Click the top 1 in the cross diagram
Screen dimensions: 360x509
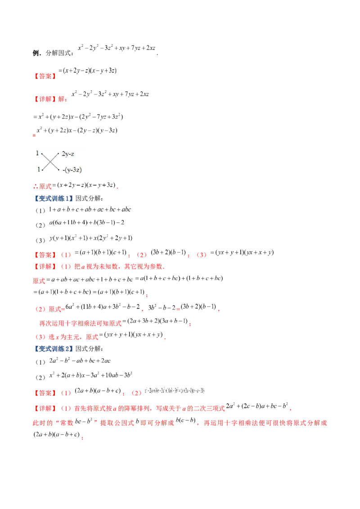point(37,153)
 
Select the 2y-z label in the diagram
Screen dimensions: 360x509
point(68,154)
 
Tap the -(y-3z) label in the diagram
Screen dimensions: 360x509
point(72,170)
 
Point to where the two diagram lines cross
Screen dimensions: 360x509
point(51,161)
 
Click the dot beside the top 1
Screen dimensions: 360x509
point(42,154)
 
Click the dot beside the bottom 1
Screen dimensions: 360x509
point(42,170)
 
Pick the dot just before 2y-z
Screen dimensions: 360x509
point(59,154)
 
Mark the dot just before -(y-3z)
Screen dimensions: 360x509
point(59,170)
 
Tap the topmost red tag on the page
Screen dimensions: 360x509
point(45,76)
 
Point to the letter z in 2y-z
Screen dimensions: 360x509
point(73,154)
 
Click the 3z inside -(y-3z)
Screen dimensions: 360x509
point(77,170)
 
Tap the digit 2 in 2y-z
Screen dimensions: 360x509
point(63,154)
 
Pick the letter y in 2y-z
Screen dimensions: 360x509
point(67,154)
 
